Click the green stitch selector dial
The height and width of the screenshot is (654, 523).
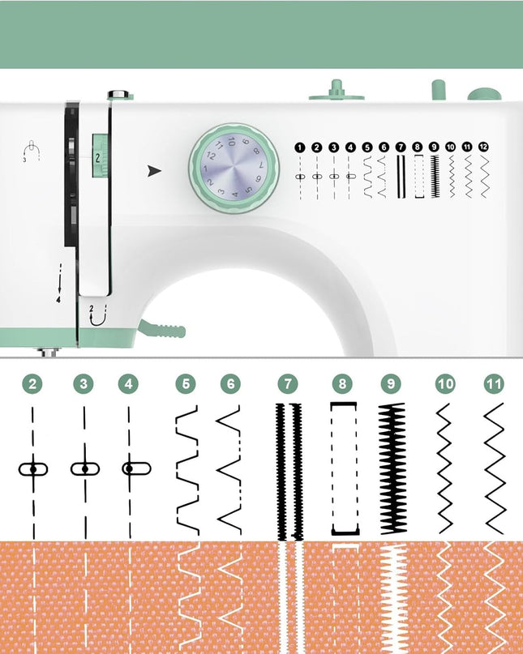[x=234, y=169]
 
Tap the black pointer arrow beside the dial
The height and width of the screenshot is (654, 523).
[x=154, y=170]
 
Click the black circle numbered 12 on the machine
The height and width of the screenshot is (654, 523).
[x=483, y=147]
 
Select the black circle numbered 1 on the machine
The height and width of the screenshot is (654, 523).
[x=299, y=147]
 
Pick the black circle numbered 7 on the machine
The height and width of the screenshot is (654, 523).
[x=401, y=147]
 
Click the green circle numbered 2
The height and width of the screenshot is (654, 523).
[x=32, y=383]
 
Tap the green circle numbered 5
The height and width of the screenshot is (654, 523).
[x=186, y=383]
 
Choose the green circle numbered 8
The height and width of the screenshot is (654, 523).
[x=342, y=383]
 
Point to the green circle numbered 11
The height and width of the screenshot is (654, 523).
[x=494, y=383]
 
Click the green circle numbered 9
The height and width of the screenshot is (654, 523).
[x=391, y=383]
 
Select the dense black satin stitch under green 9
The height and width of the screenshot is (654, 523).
[x=392, y=468]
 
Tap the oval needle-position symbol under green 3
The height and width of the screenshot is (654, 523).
[x=84, y=468]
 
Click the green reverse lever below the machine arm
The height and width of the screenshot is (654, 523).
[x=162, y=329]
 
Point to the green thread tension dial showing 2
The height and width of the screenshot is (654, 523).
[x=100, y=156]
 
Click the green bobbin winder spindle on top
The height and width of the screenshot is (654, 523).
[x=337, y=91]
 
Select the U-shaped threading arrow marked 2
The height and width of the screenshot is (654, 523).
[x=97, y=315]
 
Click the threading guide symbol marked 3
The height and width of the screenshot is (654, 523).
[x=31, y=152]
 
